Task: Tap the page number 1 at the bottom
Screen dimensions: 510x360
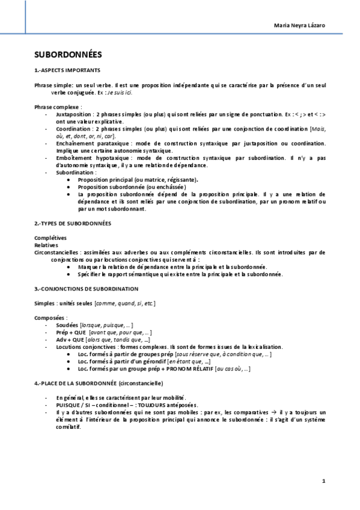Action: [x=323, y=481]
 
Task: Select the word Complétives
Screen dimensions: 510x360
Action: [x=50, y=238]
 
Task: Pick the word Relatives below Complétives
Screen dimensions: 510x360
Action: [x=46, y=245]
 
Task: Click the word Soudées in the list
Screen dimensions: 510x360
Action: [x=67, y=325]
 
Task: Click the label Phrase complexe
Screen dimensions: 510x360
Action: [x=58, y=106]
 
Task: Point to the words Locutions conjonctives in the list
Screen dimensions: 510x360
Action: [x=84, y=347]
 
